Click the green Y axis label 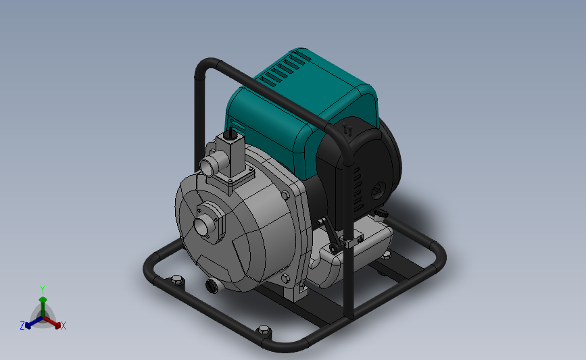click(x=43, y=290)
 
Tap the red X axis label click(x=63, y=326)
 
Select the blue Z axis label click(x=22, y=326)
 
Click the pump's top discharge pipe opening click(x=206, y=166)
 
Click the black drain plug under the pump click(x=212, y=286)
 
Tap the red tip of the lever click(x=319, y=222)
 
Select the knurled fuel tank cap click(x=381, y=214)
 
